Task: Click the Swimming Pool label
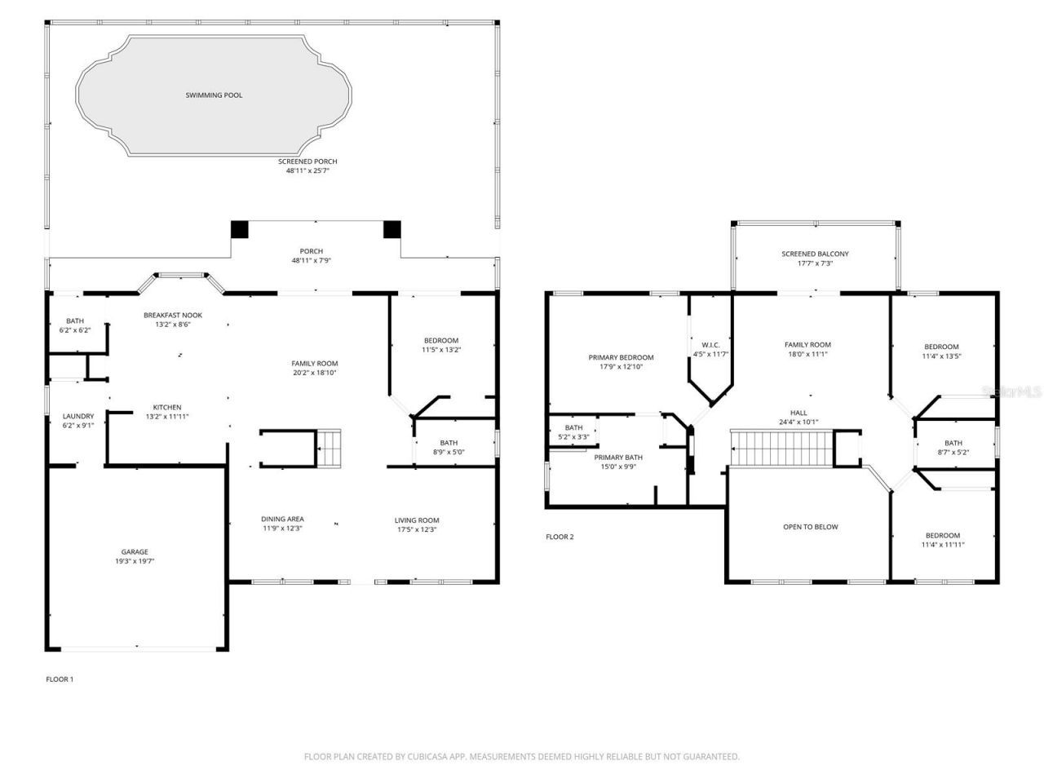(213, 95)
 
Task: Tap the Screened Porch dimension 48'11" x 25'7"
(307, 171)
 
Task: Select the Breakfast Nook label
(173, 316)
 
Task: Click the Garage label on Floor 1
(135, 552)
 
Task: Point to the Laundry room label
(78, 416)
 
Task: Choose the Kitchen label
(167, 408)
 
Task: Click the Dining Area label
(282, 520)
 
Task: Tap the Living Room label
(417, 520)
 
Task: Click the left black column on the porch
(239, 229)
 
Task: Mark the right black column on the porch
(392, 229)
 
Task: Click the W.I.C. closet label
(710, 344)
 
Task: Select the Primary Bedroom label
(621, 357)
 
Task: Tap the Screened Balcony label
(815, 254)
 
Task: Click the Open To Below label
(810, 527)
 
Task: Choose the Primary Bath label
(618, 458)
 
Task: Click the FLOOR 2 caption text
(560, 537)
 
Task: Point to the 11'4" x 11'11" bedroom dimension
(943, 545)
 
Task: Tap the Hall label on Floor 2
(798, 413)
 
